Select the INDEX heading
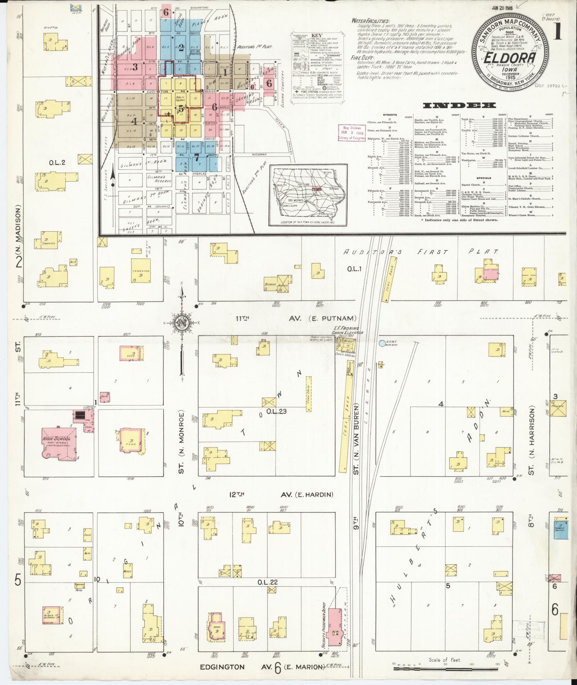[459, 105]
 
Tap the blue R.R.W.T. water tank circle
[382, 343]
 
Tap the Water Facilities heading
[371, 21]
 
